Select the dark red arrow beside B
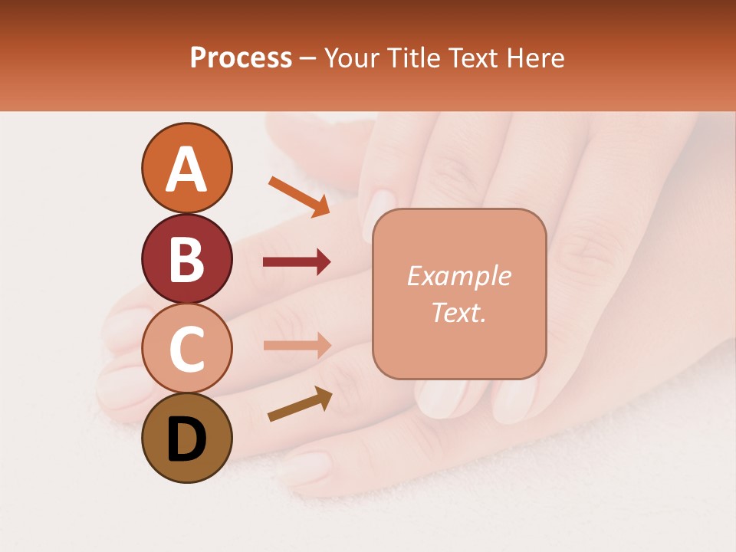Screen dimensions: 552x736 [x=297, y=263]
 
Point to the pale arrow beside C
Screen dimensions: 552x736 [x=297, y=345]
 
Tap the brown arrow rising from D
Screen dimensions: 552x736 [x=300, y=404]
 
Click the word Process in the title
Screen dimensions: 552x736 [x=241, y=58]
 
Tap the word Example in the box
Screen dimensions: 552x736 [x=458, y=276]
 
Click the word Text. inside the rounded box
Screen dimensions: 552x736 [x=458, y=313]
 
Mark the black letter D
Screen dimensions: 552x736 [x=186, y=439]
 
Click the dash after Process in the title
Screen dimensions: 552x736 [x=308, y=58]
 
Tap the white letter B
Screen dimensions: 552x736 [x=186, y=259]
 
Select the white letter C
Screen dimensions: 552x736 [x=186, y=349]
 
